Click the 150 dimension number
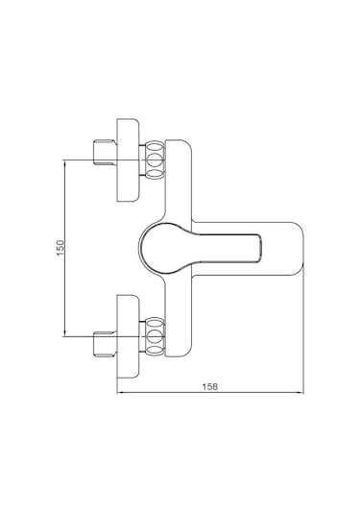coord(60,248)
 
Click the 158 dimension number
coord(209,386)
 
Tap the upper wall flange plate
coord(128,159)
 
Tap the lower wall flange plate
coord(128,336)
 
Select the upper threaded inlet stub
coord(106,152)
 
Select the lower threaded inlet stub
coord(106,344)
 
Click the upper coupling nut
coord(154,159)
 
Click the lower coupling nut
coord(154,336)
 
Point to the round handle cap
coord(161,248)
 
